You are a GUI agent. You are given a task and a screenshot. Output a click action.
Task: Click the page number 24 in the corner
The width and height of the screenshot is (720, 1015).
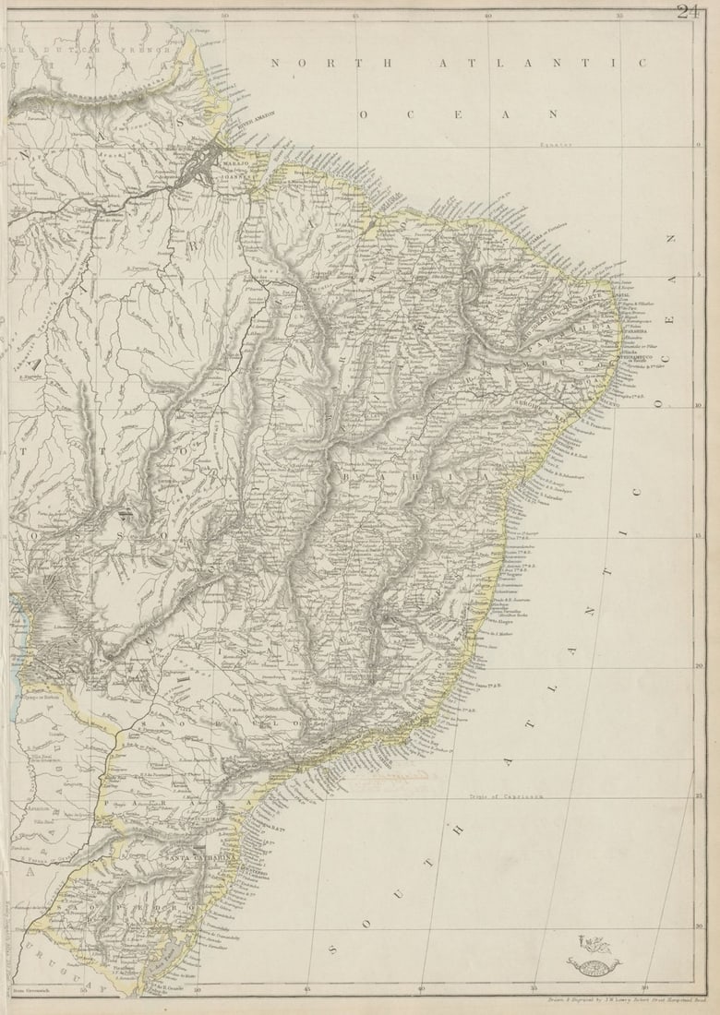click(x=688, y=11)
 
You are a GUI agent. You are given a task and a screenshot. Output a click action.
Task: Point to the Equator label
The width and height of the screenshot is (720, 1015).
click(x=557, y=144)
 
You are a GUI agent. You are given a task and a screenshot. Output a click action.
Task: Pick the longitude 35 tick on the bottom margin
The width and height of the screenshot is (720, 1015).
click(x=534, y=989)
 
